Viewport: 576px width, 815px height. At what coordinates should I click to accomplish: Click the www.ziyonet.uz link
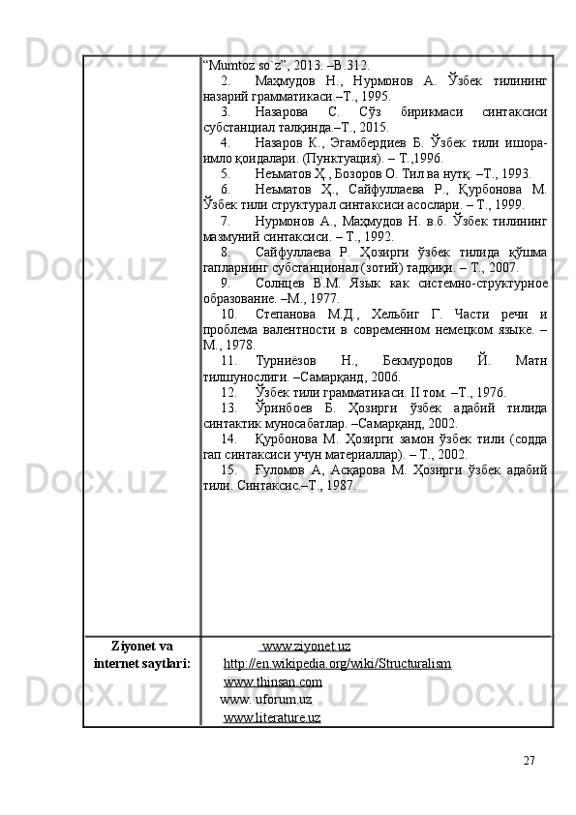(x=306, y=647)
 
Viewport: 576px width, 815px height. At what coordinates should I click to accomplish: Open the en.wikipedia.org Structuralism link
(x=337, y=664)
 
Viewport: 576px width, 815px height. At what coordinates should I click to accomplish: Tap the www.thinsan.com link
(x=273, y=681)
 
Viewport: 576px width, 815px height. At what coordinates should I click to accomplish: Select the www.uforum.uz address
(x=266, y=699)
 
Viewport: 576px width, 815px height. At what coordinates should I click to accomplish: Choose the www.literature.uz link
(x=272, y=716)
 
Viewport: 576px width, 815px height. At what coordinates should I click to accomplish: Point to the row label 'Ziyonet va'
(x=142, y=647)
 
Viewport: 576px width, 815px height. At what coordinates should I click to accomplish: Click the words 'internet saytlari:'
(x=141, y=664)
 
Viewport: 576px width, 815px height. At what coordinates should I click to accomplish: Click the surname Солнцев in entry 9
(x=285, y=283)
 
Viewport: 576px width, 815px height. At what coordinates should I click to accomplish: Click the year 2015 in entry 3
(x=375, y=128)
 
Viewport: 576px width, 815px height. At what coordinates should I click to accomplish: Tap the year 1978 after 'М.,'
(x=240, y=344)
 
